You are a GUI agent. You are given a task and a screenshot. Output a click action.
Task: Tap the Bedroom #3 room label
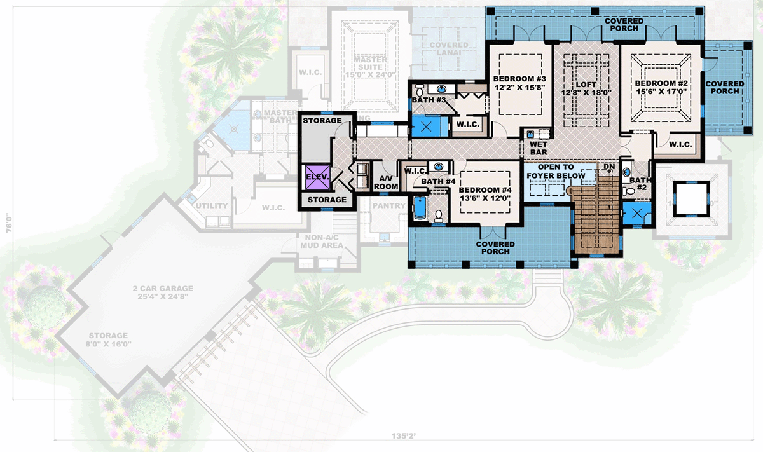[519, 79]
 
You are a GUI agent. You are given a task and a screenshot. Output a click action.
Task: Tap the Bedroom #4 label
[485, 190]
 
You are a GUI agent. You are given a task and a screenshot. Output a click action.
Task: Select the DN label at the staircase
[608, 167]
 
